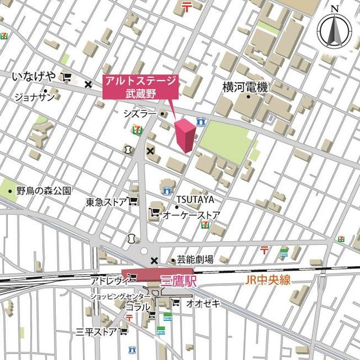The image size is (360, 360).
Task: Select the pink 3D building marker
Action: (186, 135)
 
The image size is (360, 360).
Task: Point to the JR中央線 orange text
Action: (268, 280)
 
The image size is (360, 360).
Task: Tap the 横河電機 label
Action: (245, 87)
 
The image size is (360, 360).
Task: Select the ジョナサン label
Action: (34, 97)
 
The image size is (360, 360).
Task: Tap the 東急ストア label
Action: (106, 202)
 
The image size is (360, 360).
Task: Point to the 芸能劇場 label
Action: (195, 259)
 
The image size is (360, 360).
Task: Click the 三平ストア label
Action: (96, 332)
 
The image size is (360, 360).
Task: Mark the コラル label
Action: (138, 307)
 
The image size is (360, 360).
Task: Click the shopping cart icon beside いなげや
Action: (67, 78)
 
